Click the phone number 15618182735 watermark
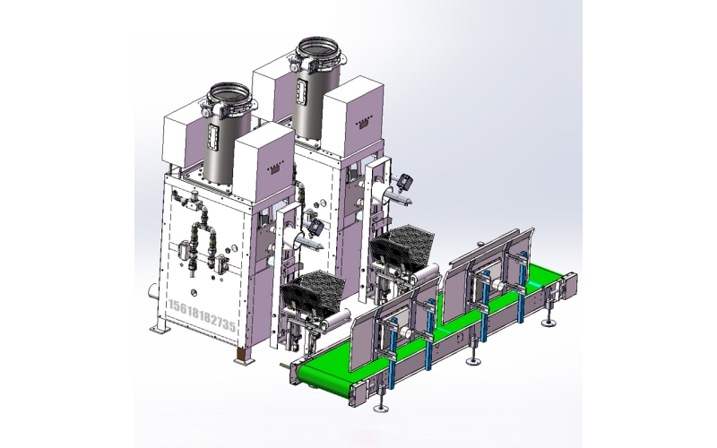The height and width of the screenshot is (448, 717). pyautogui.click(x=203, y=316)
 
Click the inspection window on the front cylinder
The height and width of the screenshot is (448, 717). pyautogui.click(x=213, y=136)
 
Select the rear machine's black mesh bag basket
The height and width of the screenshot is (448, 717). pyautogui.click(x=402, y=246)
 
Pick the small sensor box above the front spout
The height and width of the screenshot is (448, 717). pyautogui.click(x=316, y=227)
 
